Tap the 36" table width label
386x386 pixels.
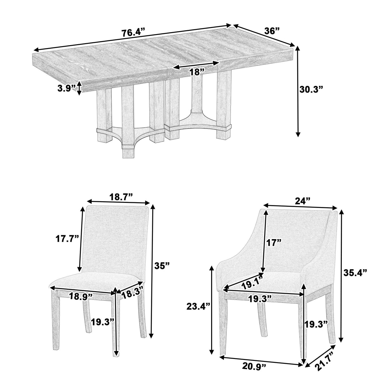pyautogui.click(x=272, y=31)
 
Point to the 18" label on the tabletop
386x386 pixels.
pyautogui.click(x=196, y=72)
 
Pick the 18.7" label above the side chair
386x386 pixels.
pyautogui.click(x=121, y=197)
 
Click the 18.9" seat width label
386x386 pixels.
pyautogui.click(x=81, y=296)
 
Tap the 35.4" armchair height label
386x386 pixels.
pyautogui.click(x=355, y=272)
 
